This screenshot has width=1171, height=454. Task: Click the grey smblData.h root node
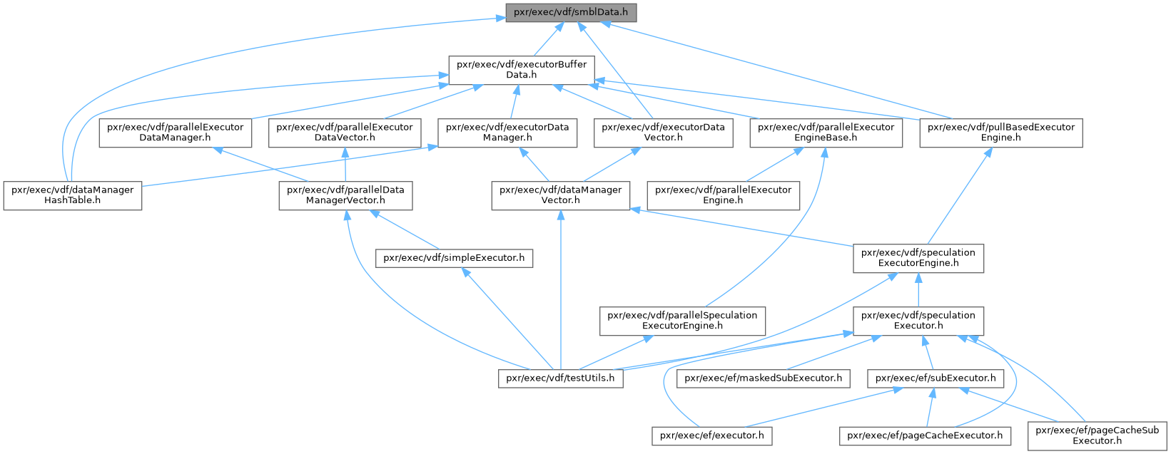571,13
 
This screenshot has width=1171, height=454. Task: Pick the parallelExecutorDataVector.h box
345,133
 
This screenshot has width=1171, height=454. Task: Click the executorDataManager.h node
507,133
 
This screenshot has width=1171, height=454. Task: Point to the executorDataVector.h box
663,133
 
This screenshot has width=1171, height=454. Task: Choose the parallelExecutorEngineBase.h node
826,133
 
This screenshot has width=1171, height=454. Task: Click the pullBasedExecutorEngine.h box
1000,133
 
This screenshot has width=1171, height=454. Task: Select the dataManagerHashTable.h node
73,195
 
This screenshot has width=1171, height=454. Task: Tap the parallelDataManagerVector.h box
345,195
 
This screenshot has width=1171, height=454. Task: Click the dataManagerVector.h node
560,195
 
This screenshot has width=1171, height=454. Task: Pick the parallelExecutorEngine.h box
723,195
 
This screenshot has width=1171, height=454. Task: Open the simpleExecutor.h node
455,258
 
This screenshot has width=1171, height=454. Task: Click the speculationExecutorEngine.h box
918,258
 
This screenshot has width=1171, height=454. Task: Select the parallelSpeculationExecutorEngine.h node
682,321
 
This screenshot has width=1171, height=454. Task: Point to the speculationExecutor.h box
918,321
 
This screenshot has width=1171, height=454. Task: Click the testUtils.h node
560,378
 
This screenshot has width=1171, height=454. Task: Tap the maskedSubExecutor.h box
763,378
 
